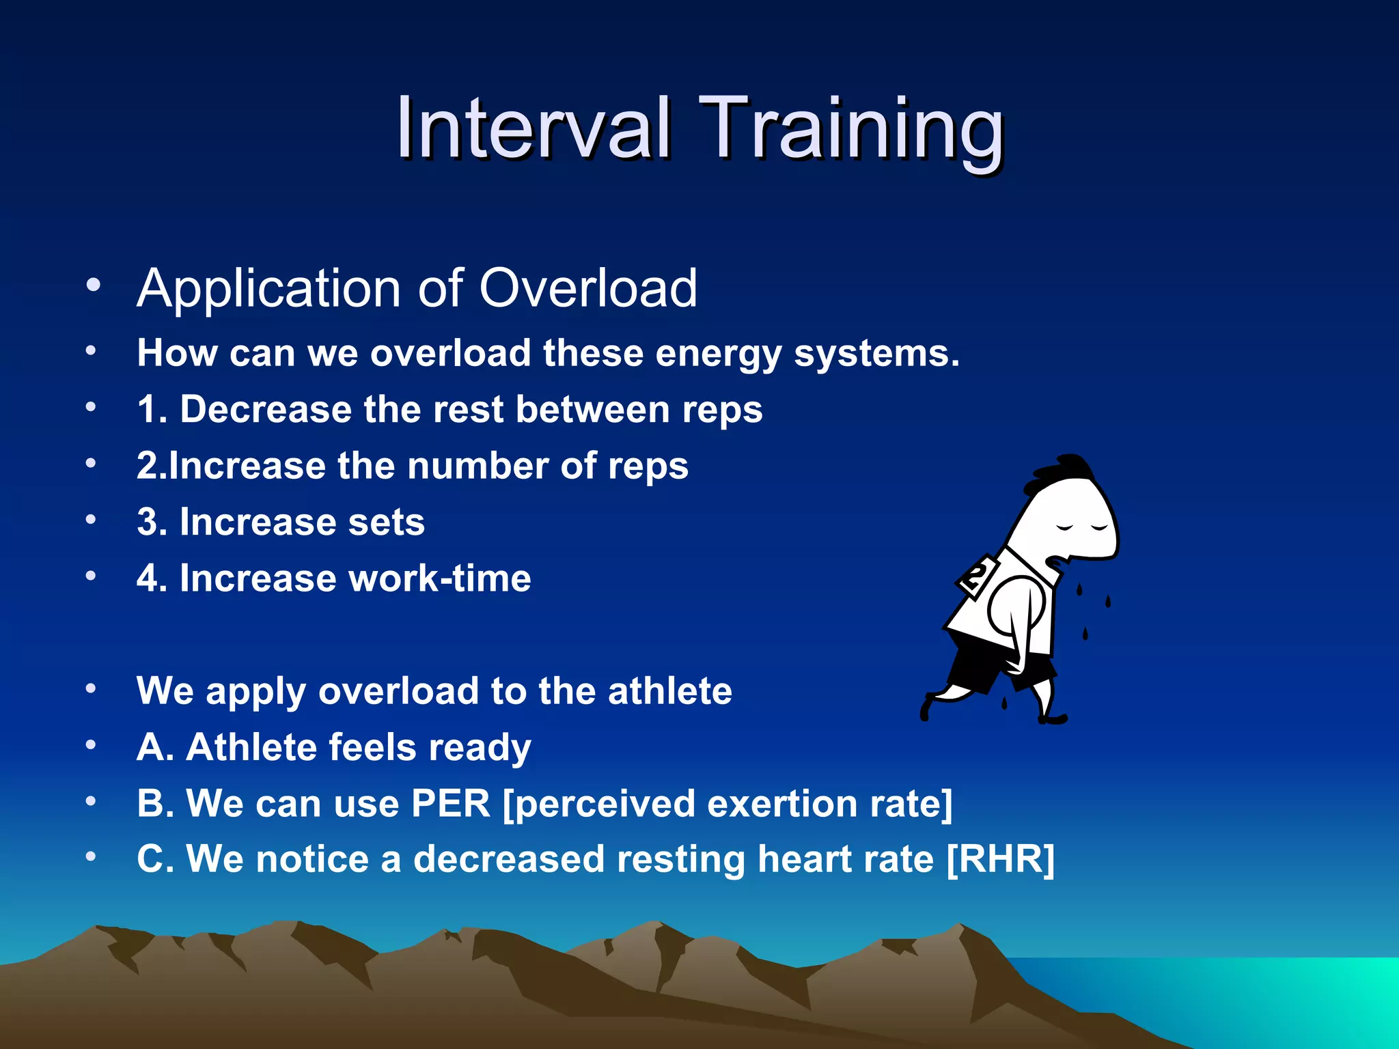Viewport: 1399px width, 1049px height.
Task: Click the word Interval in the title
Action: tap(533, 128)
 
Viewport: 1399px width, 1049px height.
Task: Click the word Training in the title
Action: tap(850, 130)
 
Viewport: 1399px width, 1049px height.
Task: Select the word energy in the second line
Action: tap(718, 354)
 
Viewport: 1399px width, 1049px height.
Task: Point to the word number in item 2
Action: tap(477, 466)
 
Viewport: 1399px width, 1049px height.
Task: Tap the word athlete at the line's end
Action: tap(669, 690)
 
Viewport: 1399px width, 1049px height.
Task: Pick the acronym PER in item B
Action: tap(451, 803)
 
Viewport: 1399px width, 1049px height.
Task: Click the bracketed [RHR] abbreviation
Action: tap(1000, 859)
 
